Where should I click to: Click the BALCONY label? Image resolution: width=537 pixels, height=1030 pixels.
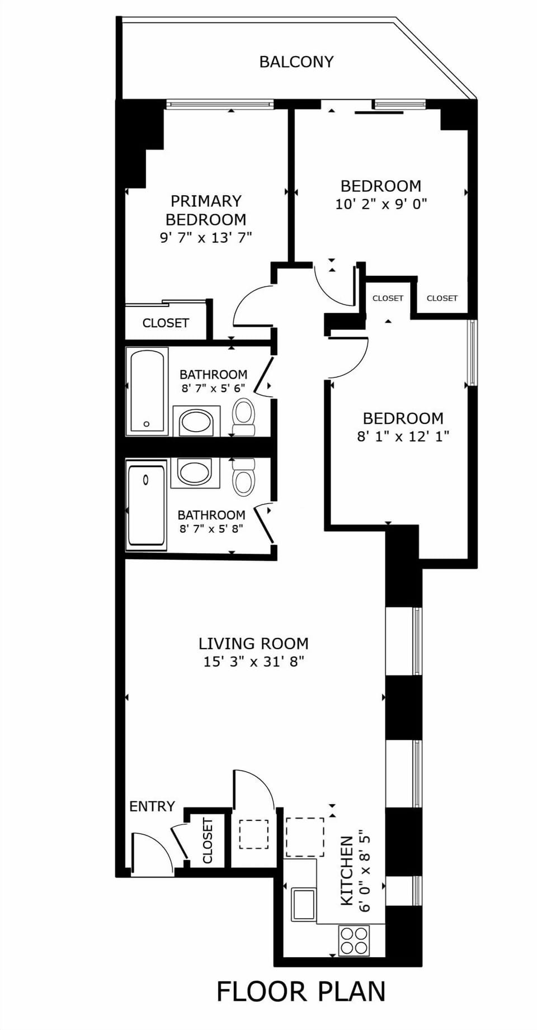click(296, 62)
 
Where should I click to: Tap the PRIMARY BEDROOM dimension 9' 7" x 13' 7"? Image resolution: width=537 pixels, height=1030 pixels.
click(206, 238)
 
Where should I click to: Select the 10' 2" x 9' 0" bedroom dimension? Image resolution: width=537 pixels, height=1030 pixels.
click(381, 204)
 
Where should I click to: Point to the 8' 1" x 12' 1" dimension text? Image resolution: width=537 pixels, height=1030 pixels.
click(403, 436)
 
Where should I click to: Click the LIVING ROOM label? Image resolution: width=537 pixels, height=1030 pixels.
click(253, 644)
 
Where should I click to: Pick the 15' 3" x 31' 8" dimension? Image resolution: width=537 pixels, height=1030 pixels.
click(253, 662)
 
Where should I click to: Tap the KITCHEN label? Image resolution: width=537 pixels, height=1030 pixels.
click(347, 871)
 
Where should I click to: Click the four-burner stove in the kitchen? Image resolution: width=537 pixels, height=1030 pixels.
click(354, 941)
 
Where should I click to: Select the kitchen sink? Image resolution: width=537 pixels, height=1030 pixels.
click(303, 904)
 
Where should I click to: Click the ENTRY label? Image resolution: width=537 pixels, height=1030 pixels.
click(152, 806)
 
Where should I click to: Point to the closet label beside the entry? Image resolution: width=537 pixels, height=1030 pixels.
click(208, 840)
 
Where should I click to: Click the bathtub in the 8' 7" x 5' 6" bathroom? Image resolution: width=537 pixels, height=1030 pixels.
click(147, 391)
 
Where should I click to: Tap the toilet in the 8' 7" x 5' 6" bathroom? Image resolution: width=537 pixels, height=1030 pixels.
click(243, 417)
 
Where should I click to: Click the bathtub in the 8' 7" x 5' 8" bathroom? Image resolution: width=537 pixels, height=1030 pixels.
click(147, 504)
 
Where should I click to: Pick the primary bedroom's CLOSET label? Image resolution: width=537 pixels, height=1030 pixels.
click(166, 323)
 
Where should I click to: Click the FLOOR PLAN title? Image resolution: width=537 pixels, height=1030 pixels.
click(301, 992)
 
